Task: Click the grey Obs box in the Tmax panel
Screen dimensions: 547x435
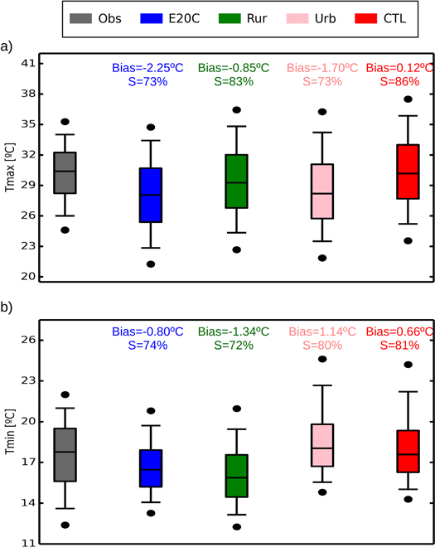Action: pyautogui.click(x=65, y=172)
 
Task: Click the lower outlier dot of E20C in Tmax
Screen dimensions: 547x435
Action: pyautogui.click(x=150, y=264)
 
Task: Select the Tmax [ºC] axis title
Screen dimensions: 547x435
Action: pyautogui.click(x=10, y=168)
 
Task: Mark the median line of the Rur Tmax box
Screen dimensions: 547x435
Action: pyautogui.click(x=236, y=182)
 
